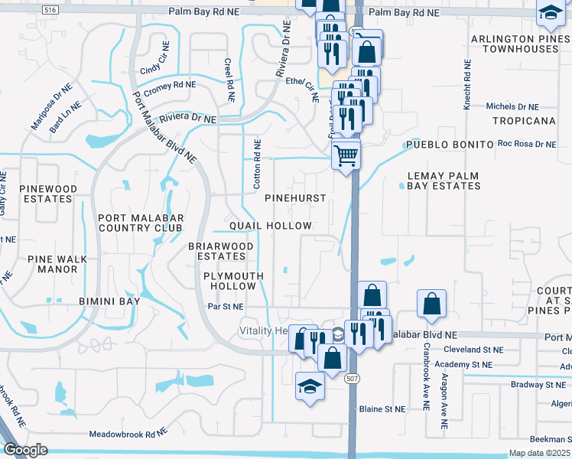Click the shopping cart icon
pos(346,155)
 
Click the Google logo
pos(24,450)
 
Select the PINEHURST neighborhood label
pos(295,197)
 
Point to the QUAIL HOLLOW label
pos(271,226)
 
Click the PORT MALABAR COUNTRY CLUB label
pos(141,222)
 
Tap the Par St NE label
pos(226,307)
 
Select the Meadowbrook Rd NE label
pos(127,434)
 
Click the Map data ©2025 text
pos(539,453)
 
